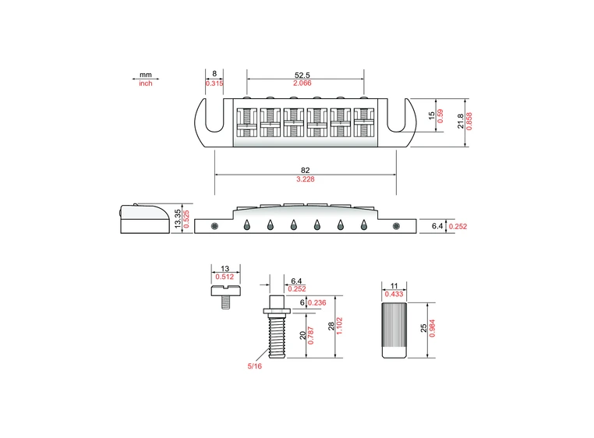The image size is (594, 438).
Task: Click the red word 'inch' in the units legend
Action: (x=146, y=83)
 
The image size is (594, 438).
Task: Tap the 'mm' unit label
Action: (x=146, y=75)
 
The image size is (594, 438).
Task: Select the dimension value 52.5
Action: (x=305, y=74)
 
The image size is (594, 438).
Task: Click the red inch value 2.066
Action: (x=305, y=83)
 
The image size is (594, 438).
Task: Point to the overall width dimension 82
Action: (x=305, y=170)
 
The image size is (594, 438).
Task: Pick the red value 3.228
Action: (x=305, y=180)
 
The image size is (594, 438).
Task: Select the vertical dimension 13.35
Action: (x=179, y=218)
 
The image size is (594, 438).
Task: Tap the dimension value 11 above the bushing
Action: (x=394, y=286)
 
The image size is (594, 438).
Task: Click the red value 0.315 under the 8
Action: (x=214, y=83)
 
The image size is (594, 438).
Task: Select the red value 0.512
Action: (x=224, y=275)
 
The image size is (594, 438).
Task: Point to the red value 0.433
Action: (x=394, y=295)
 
